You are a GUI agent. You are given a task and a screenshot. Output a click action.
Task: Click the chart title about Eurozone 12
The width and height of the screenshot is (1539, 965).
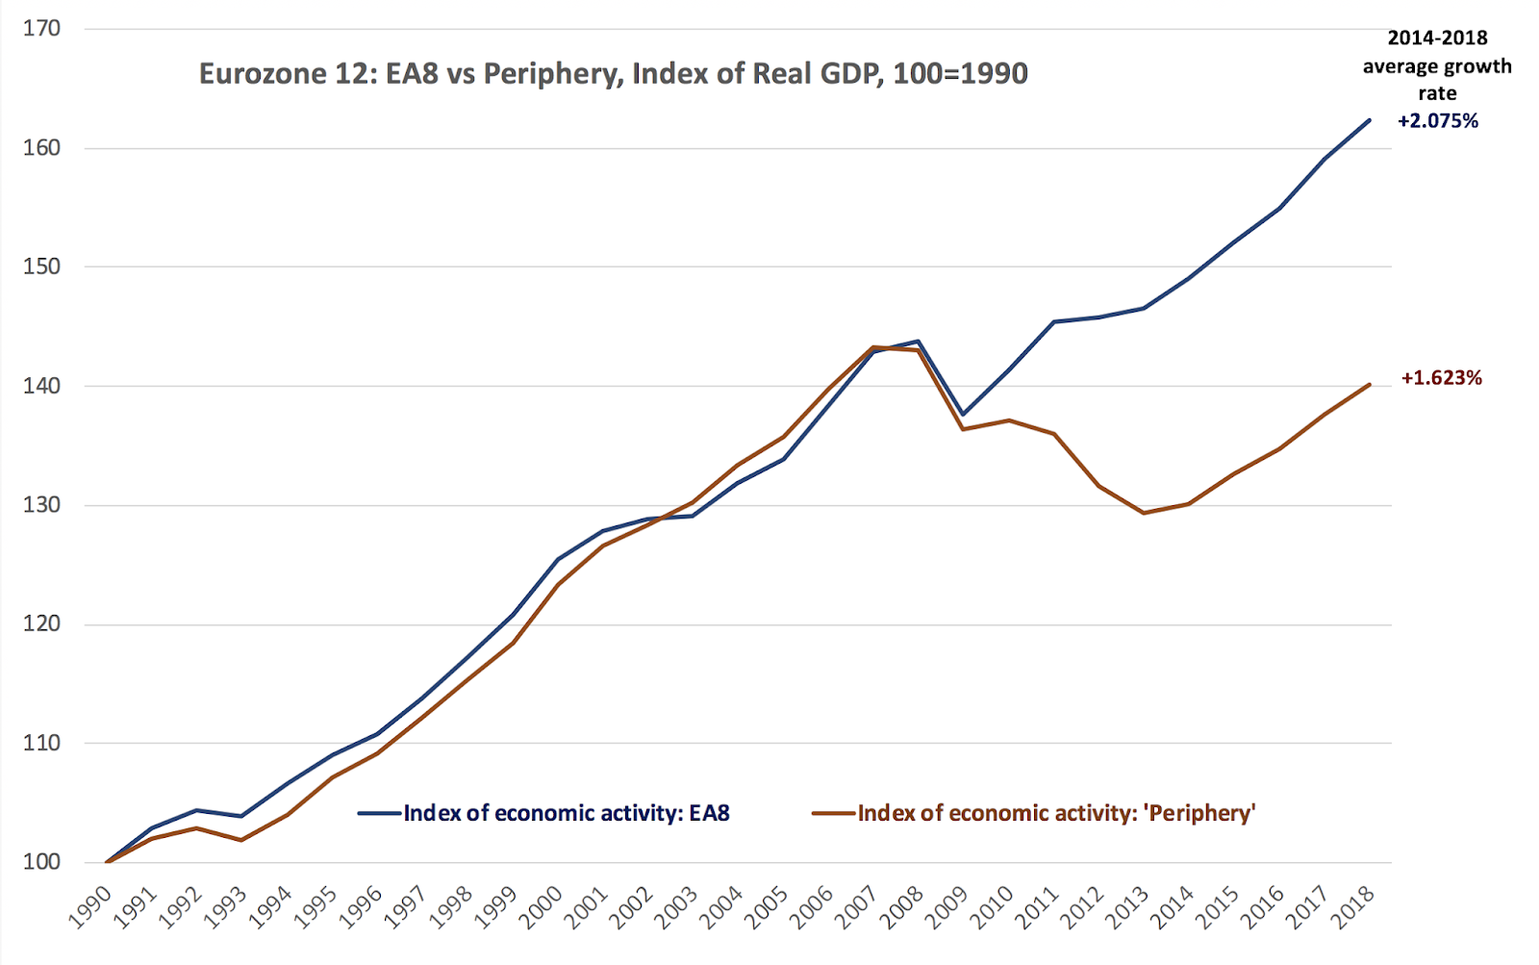(613, 74)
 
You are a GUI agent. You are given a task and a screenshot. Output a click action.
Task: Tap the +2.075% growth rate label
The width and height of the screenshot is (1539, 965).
(1437, 121)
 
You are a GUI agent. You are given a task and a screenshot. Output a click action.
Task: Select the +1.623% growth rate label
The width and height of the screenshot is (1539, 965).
(1441, 378)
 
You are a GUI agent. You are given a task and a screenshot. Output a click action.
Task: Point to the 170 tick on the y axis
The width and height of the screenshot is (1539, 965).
(41, 29)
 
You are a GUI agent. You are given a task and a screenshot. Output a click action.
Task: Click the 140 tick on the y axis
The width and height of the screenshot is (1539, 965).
(41, 386)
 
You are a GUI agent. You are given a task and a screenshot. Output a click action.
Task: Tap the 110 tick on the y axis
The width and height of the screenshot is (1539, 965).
(41, 743)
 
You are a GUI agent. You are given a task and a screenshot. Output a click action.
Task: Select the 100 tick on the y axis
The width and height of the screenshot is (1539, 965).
(41, 862)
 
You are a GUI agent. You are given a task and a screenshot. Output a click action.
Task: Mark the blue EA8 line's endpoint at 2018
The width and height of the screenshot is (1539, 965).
(1369, 120)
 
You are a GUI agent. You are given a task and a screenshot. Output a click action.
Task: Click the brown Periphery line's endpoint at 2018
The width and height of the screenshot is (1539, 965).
(1369, 385)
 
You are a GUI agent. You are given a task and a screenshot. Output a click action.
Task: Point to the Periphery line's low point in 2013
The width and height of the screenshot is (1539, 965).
(1143, 513)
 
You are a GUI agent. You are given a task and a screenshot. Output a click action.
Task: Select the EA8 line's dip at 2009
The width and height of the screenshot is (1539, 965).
(963, 415)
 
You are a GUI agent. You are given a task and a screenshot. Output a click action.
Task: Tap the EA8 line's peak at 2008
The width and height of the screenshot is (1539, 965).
(918, 341)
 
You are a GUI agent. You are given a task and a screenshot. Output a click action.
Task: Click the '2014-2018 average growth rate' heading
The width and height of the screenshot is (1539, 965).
(1437, 65)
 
